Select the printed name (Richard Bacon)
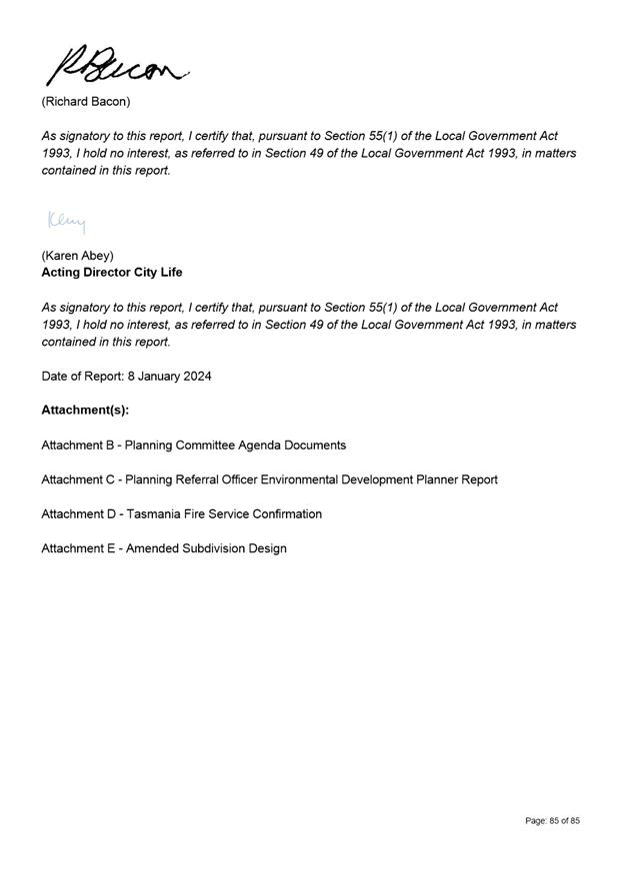[86, 102]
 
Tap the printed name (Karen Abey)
[77, 255]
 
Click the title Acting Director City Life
[112, 273]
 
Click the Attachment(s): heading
[85, 411]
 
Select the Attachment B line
[193, 445]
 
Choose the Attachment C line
[269, 479]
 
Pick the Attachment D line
[181, 514]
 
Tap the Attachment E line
[164, 548]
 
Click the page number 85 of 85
[552, 821]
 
